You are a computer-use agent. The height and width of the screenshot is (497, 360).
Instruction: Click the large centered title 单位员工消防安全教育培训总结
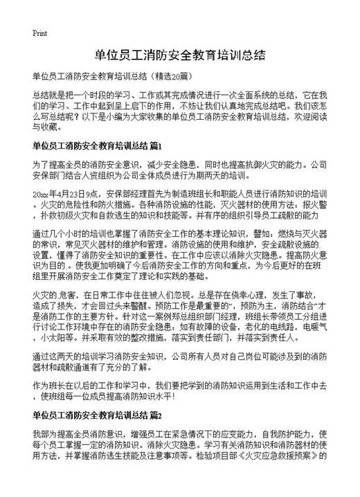click(179, 54)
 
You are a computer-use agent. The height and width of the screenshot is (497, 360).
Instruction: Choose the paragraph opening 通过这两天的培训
click(179, 363)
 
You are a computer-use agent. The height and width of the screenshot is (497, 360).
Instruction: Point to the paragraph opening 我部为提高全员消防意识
click(179, 446)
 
